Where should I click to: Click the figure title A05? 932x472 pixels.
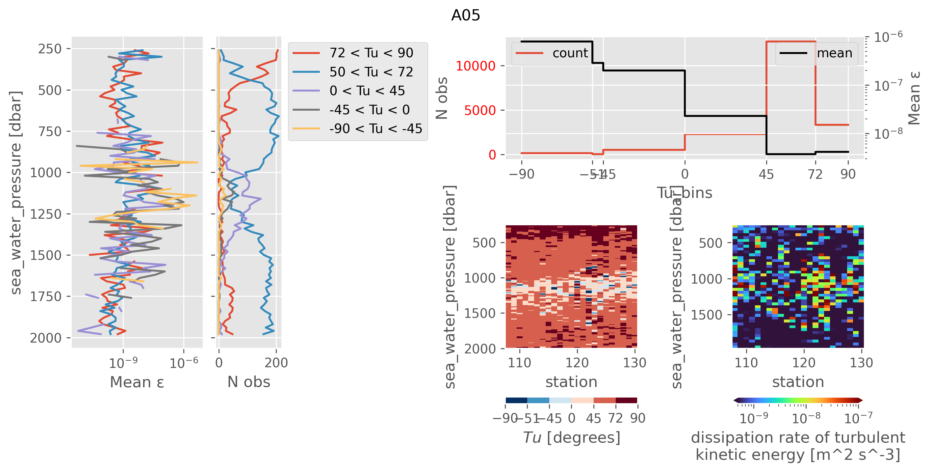click(x=465, y=15)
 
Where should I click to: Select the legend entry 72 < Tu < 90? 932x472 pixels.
click(x=371, y=53)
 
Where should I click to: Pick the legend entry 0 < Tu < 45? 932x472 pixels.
click(x=367, y=91)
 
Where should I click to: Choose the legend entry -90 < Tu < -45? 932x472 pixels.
click(x=375, y=128)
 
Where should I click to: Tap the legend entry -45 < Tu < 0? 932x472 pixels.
click(x=369, y=110)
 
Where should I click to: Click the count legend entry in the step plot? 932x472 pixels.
click(x=570, y=53)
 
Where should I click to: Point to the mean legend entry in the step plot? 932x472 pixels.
click(x=834, y=53)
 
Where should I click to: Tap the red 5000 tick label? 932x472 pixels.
click(x=479, y=110)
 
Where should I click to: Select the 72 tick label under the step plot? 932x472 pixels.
click(x=815, y=175)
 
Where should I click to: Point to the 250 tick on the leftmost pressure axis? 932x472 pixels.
click(x=50, y=49)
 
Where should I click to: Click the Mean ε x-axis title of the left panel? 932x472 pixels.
click(x=137, y=382)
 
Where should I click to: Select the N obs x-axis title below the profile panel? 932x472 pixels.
click(x=248, y=382)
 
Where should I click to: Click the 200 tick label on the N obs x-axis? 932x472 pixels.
click(x=276, y=363)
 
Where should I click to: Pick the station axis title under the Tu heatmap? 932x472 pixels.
click(x=571, y=382)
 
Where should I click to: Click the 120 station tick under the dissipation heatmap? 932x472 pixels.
click(x=804, y=363)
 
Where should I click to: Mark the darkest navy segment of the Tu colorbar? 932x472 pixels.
click(x=516, y=400)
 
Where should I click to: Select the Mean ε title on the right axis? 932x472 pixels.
click(x=914, y=98)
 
